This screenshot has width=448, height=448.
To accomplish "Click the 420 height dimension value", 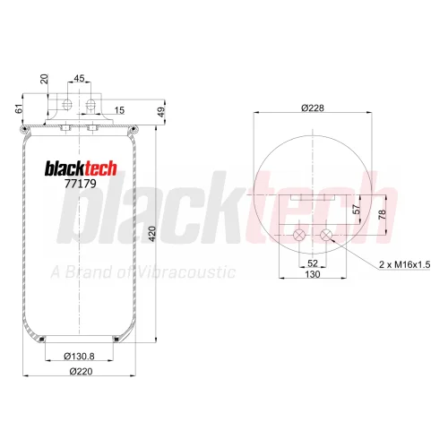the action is click(x=152, y=234).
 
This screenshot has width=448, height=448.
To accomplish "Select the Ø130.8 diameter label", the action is click(x=79, y=356).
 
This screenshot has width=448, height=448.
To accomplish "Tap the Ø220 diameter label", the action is click(x=81, y=371).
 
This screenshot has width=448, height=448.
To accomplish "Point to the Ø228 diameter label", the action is click(x=313, y=108).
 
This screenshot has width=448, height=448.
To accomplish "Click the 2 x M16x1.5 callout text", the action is click(x=405, y=264).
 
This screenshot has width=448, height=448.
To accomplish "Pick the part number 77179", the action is click(x=81, y=184).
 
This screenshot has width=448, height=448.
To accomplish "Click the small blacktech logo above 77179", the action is click(x=81, y=168).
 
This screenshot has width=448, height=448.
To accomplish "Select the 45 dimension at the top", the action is click(x=79, y=78).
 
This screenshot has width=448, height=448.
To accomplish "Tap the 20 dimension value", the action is click(x=44, y=79).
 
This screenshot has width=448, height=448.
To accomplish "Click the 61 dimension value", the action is click(x=19, y=108).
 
